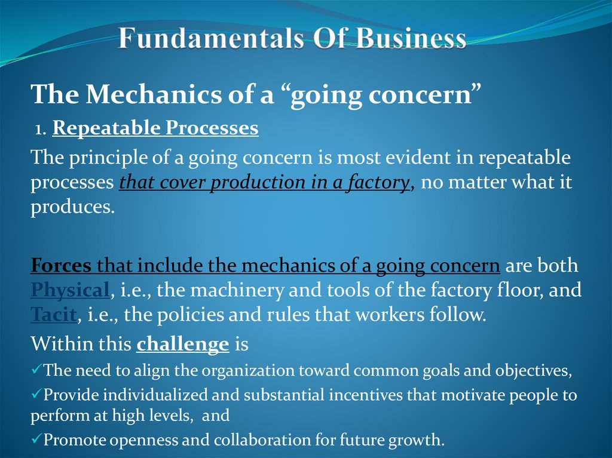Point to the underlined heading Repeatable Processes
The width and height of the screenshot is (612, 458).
(x=155, y=128)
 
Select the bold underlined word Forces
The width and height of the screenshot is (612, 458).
(x=61, y=265)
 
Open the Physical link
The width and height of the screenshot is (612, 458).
(x=69, y=290)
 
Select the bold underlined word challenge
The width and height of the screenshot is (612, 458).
(x=183, y=345)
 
